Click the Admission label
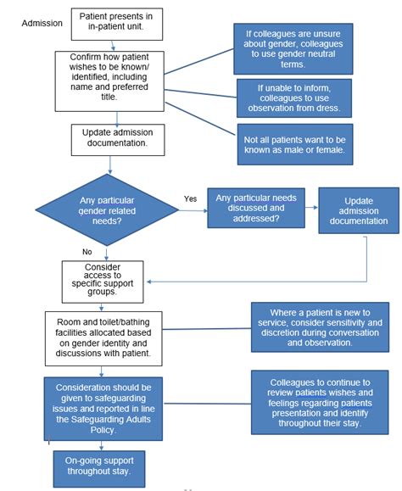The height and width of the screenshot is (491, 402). tap(42, 23)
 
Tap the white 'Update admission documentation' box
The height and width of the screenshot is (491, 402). tap(116, 137)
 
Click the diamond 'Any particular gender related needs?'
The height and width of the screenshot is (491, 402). tap(105, 206)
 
